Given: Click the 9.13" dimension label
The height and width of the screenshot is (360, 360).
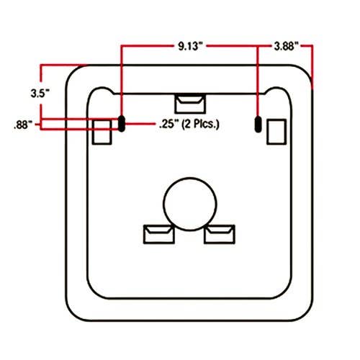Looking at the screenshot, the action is [191, 46].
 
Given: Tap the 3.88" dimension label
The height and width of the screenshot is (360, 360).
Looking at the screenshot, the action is [287, 46].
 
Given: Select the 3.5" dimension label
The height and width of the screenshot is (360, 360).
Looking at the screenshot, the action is [40, 93].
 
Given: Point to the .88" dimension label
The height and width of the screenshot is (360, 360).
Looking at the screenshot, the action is [23, 125].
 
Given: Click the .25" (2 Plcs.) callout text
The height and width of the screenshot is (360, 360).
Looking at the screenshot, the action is [189, 125].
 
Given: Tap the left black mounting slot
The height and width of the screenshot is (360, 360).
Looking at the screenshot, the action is [122, 124].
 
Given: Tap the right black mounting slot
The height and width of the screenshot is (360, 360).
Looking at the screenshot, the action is [258, 124].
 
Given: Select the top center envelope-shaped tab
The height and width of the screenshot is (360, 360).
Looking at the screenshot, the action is [190, 104].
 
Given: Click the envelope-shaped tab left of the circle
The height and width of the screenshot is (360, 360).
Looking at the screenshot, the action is [159, 234].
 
